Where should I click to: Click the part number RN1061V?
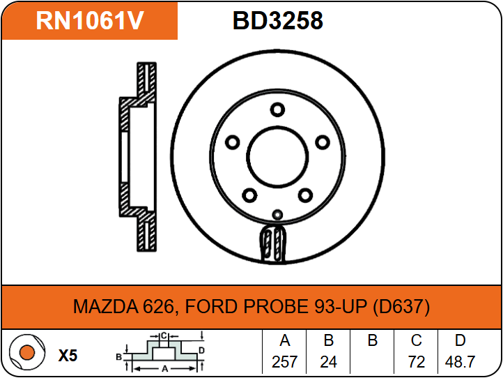coord(89,22)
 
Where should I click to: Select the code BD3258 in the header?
coord(277,22)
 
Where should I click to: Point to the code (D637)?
coord(401,307)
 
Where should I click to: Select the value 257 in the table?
coord(284,362)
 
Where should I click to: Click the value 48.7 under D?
coord(460,362)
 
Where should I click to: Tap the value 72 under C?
coord(416,362)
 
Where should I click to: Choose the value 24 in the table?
coord(328,362)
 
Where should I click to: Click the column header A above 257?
coord(284,341)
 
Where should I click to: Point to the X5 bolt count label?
coord(68,356)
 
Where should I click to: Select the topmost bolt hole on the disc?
coord(277,109)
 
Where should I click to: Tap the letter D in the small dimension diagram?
coord(201,350)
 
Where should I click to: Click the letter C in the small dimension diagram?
coord(163,336)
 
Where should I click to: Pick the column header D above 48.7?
coord(460,341)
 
